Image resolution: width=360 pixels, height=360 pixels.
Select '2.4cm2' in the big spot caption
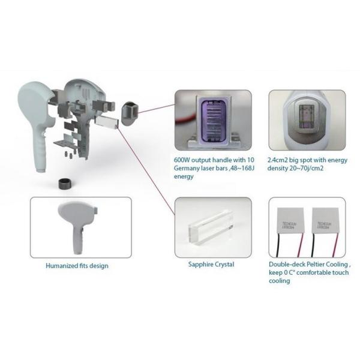point(280,160)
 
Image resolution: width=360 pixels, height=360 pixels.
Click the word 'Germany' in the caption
point(187,169)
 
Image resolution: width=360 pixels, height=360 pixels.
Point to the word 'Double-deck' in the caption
point(285,265)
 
